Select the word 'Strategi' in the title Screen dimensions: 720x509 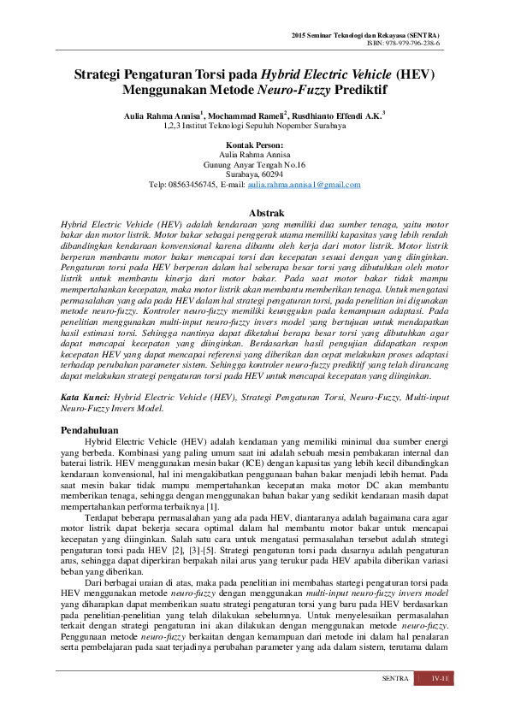click(x=102, y=74)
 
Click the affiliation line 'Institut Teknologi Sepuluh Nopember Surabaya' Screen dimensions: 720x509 click(x=261, y=126)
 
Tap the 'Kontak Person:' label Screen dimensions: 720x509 click(x=254, y=145)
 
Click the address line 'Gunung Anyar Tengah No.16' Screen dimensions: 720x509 click(x=254, y=164)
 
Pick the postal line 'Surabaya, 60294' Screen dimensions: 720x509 click(x=254, y=174)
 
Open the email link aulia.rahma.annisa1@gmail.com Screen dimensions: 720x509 click(x=304, y=185)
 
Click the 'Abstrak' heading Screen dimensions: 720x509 click(x=254, y=211)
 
